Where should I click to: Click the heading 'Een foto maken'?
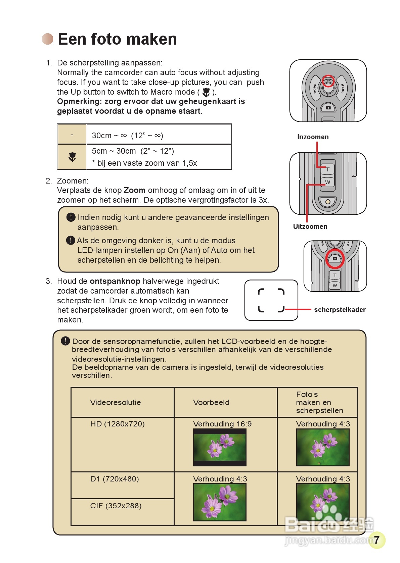[117, 39]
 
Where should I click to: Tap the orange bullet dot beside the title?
[48, 39]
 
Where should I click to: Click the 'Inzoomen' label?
[313, 137]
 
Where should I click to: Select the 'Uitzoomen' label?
[310, 226]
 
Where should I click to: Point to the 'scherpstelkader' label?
[340, 310]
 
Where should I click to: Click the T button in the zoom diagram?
[327, 169]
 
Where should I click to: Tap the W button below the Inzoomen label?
[327, 182]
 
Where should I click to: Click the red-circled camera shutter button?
[335, 258]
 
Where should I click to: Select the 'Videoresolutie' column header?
[116, 402]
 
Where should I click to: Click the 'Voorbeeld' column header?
[211, 402]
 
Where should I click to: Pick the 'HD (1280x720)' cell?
[118, 424]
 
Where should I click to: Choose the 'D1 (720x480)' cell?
[115, 479]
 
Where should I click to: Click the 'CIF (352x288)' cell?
[116, 505]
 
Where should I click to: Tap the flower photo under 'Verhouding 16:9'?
[220, 447]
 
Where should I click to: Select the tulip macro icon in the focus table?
[72, 157]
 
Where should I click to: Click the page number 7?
[376, 540]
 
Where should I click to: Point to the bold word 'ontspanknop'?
[115, 281]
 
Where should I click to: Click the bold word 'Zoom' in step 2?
[134, 190]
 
